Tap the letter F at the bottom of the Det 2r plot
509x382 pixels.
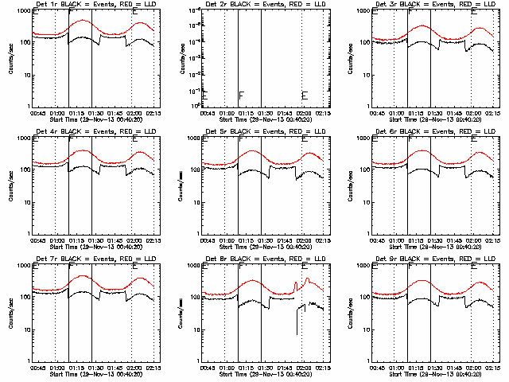pos(241,95)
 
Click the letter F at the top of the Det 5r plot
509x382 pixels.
pos(241,139)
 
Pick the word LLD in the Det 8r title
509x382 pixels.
pos(313,259)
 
